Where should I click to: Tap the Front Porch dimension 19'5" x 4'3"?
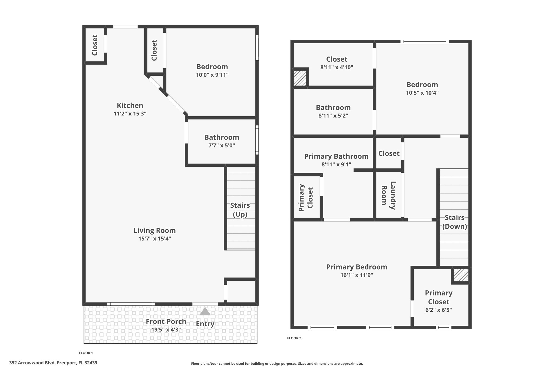click(166, 330)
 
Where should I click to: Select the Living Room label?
click(155, 231)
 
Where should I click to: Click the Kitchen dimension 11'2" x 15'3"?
click(130, 114)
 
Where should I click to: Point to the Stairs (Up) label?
click(240, 210)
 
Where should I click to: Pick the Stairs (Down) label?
click(455, 222)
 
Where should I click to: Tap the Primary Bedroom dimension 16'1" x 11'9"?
click(357, 275)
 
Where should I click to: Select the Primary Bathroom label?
click(337, 156)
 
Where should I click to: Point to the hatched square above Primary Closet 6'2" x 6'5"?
click(461, 275)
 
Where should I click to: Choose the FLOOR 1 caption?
click(86, 353)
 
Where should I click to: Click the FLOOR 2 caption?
click(294, 338)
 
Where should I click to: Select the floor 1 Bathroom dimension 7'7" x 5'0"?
click(222, 145)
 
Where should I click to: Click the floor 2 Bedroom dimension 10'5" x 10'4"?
click(422, 93)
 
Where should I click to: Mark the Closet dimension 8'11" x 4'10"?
click(337, 67)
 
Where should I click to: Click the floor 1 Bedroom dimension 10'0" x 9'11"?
click(212, 75)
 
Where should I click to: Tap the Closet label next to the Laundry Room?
click(389, 154)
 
